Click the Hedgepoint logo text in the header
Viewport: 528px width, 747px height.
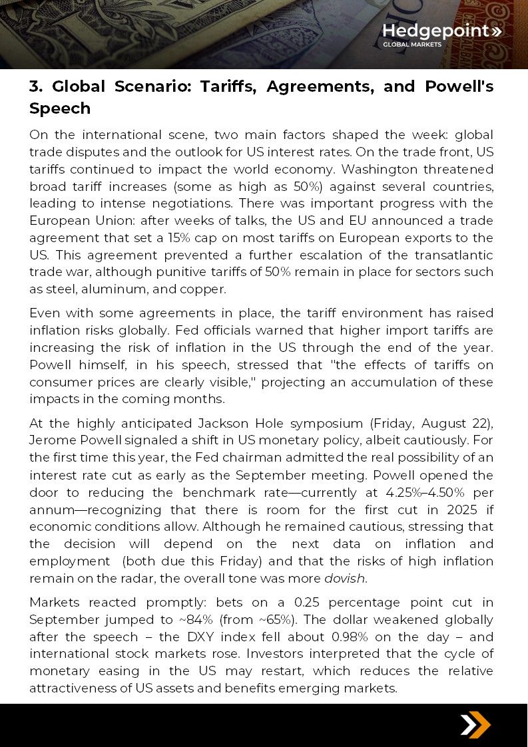(436, 31)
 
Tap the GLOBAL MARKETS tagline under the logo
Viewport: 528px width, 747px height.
(411, 45)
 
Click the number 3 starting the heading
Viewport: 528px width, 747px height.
(35, 86)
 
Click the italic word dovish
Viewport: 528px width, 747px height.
(344, 578)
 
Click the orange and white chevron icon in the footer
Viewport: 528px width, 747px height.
(475, 724)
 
